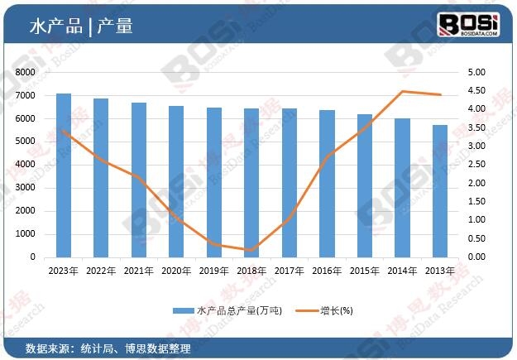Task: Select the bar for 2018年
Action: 251,183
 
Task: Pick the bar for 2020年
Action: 176,181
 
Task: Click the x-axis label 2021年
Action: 139,271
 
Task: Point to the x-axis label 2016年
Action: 327,271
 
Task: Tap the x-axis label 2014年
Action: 402,271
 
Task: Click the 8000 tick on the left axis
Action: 25,73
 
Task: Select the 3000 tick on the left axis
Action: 25,188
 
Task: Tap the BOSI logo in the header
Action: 468,24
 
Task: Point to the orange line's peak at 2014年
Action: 402,92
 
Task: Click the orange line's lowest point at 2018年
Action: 251,250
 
